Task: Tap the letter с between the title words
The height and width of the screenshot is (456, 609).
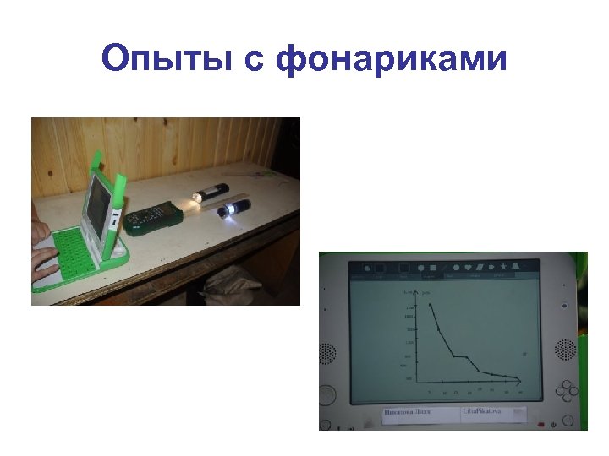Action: tap(261, 60)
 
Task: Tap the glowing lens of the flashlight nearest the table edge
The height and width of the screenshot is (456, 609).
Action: tap(226, 212)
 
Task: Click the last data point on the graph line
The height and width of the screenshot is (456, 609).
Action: tap(518, 377)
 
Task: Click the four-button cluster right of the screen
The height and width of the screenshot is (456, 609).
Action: tap(566, 389)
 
